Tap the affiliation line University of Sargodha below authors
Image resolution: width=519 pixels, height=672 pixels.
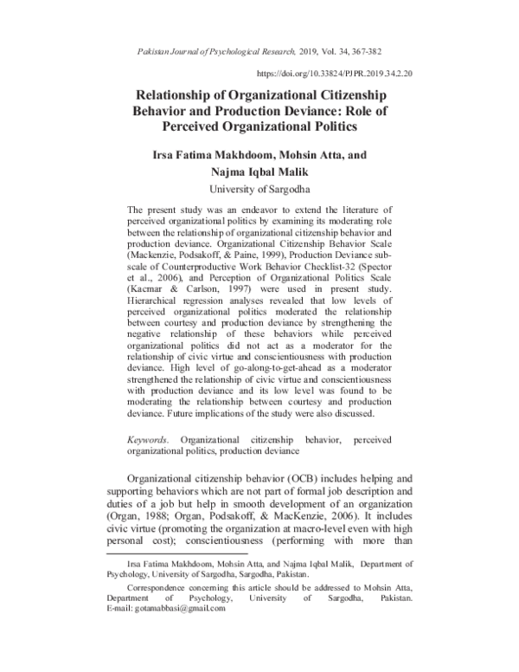pyautogui.click(x=259, y=189)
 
